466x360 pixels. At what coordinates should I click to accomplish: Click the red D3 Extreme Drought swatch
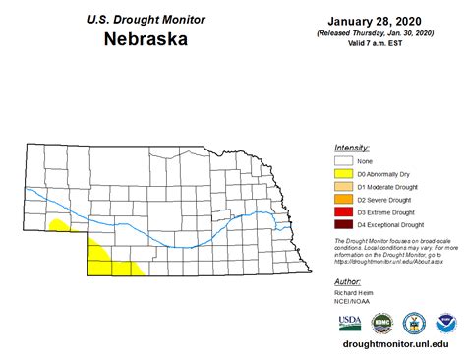[343, 212]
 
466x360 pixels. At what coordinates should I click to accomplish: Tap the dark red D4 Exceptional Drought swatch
[343, 225]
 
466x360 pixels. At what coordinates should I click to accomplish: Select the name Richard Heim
[358, 293]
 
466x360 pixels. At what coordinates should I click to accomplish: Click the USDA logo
[350, 322]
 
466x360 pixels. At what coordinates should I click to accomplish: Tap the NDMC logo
[382, 322]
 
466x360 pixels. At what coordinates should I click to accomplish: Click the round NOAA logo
[446, 322]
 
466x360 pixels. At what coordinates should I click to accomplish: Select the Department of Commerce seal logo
[415, 322]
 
